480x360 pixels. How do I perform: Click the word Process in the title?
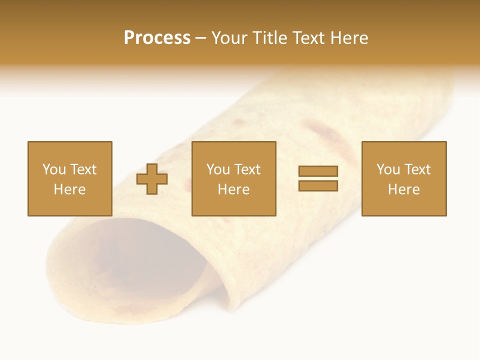pyautogui.click(x=157, y=38)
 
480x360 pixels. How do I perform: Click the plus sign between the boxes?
pyautogui.click(x=152, y=179)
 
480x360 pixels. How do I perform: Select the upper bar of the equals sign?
pyautogui.click(x=318, y=171)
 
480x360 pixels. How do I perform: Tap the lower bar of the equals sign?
pyautogui.click(x=318, y=186)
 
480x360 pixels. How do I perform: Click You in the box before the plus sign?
pyautogui.click(x=53, y=169)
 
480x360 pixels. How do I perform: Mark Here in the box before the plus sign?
pyautogui.click(x=69, y=189)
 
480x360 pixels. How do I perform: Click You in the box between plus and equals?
pyautogui.click(x=218, y=169)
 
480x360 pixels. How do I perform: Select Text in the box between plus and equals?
pyautogui.click(x=246, y=169)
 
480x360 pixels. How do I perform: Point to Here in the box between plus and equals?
pyautogui.click(x=233, y=189)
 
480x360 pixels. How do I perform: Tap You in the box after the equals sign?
pyautogui.click(x=388, y=169)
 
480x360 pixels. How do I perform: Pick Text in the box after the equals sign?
pyautogui.click(x=416, y=169)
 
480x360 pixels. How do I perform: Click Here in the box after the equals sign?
pyautogui.click(x=403, y=189)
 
